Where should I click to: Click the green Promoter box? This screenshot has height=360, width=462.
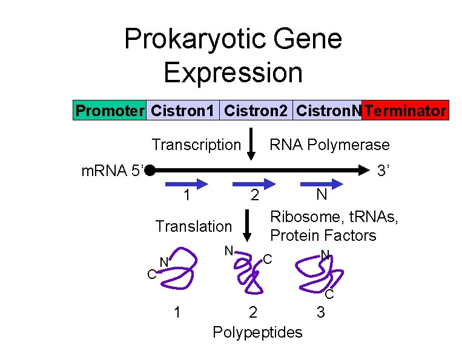coord(110,111)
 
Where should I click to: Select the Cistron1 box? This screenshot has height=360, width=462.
coord(182,111)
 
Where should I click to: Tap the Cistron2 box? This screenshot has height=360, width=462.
coord(256,111)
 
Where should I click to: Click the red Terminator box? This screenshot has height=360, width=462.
coord(406,111)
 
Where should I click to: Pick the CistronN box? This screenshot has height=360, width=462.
coord(328,111)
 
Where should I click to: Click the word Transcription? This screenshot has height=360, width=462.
coord(196,145)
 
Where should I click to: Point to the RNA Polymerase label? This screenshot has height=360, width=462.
coord(329,145)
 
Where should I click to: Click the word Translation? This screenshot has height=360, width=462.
coord(193,226)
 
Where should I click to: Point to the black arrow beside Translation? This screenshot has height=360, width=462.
coord(247,227)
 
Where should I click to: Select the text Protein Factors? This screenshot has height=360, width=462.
coord(323,235)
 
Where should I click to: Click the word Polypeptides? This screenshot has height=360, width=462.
coord(257,332)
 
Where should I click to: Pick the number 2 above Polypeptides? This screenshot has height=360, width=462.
coord(253,313)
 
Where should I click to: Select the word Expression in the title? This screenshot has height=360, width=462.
coord(233,73)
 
